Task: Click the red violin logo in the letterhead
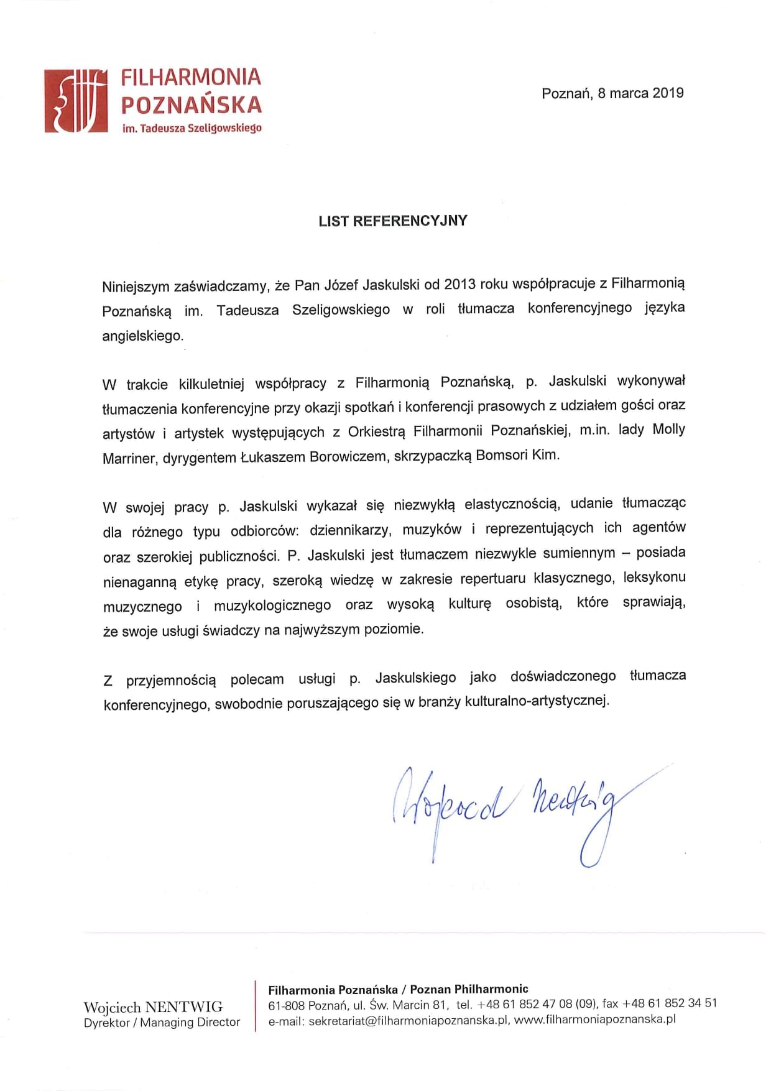[x=75, y=101]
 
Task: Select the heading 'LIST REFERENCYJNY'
[x=392, y=221]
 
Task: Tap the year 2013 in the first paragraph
[x=459, y=284]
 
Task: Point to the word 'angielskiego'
[x=143, y=336]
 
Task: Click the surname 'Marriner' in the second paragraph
[x=129, y=458]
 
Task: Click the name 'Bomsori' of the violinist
[x=501, y=455]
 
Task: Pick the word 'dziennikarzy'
[x=349, y=530]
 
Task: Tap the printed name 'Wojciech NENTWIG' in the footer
[x=153, y=1006]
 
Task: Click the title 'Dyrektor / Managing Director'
[x=162, y=1022]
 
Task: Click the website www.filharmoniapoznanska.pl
[x=595, y=1019]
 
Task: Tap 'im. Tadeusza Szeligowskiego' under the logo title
[x=192, y=128]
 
